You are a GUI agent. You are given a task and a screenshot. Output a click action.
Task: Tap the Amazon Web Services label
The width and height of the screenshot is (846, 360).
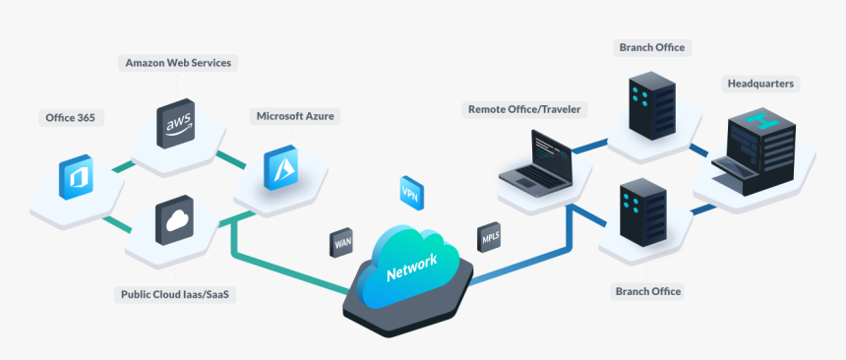click(x=178, y=63)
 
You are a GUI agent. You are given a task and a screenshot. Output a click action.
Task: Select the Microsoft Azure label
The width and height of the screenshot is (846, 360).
click(x=296, y=116)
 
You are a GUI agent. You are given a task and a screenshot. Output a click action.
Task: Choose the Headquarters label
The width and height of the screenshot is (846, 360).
click(x=759, y=84)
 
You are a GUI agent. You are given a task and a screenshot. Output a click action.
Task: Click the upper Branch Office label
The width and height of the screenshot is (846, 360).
click(x=651, y=47)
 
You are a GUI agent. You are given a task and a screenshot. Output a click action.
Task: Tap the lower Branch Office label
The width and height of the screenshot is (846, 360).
click(x=648, y=291)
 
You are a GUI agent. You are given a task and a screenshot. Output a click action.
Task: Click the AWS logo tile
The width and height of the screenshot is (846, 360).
click(x=178, y=124)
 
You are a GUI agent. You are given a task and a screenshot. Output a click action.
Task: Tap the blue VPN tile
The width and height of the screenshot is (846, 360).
click(x=410, y=190)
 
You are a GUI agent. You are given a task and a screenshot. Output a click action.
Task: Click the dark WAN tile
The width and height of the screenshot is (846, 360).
click(x=342, y=241)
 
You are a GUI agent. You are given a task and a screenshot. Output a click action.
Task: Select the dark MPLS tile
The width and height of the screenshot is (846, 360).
click(x=490, y=237)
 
